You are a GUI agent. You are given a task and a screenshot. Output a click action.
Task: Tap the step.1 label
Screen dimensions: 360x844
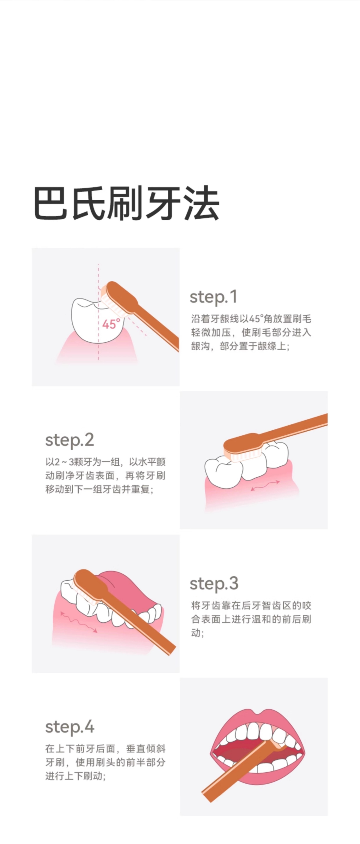pos(213,297)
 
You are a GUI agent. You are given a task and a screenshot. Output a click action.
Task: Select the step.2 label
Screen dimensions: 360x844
pos(70,440)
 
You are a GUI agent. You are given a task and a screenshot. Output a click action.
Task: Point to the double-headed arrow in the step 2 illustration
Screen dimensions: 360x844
pos(265,485)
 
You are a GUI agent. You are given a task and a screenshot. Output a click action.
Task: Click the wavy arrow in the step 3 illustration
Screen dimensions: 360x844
pos(78,621)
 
